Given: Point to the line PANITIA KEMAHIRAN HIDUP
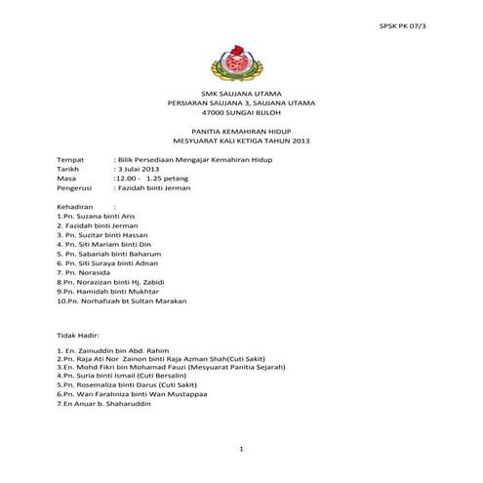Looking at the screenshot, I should pos(241,132).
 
